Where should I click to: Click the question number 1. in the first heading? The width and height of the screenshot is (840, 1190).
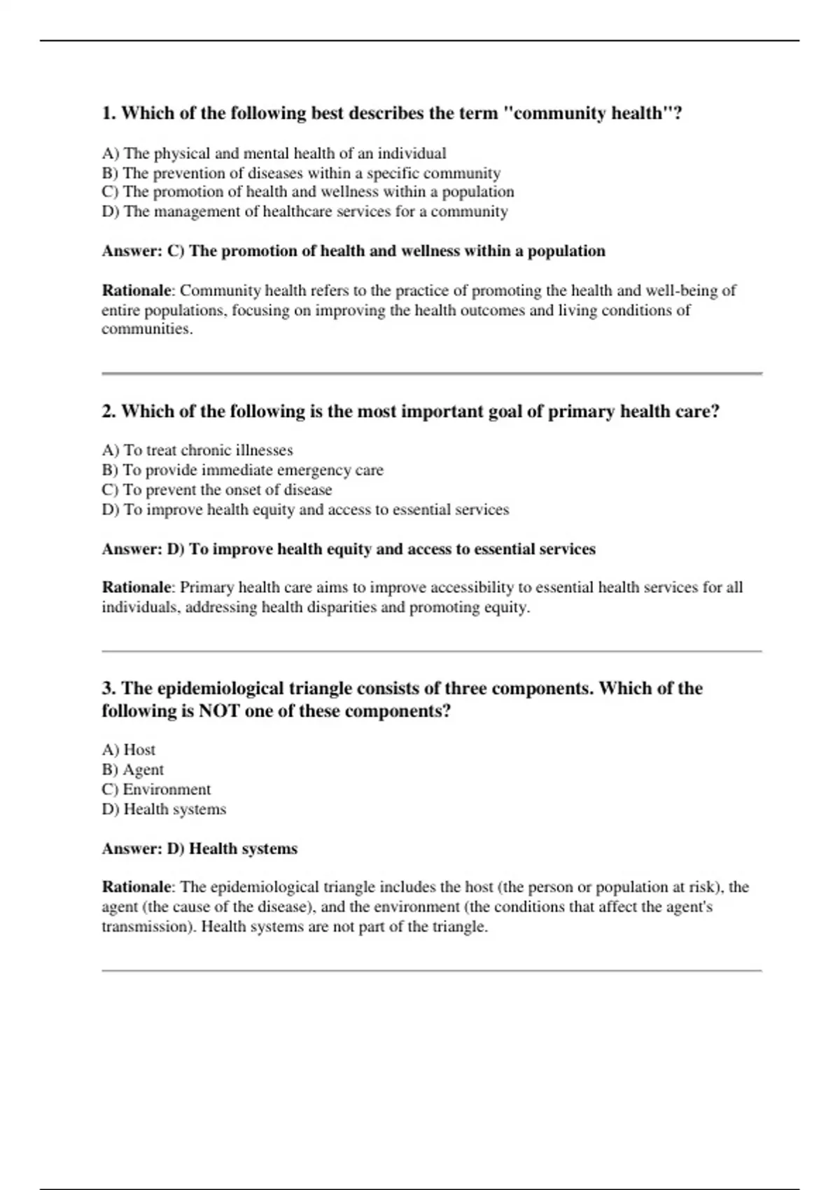point(109,113)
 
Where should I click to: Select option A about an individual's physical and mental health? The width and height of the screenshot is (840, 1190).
point(274,153)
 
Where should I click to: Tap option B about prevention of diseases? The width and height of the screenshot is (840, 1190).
point(301,173)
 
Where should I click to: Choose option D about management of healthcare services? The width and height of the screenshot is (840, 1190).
point(304,211)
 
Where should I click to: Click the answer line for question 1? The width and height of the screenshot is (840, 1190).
point(353,251)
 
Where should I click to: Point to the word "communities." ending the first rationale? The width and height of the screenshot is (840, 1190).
point(147,329)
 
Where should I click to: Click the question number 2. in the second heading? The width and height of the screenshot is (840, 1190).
point(109,412)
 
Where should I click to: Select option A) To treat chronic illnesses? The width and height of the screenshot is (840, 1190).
point(197,450)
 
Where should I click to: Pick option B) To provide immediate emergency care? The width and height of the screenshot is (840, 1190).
point(242,470)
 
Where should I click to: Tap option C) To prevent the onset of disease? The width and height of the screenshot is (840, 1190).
point(217,489)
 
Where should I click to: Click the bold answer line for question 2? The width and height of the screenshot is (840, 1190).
point(349,549)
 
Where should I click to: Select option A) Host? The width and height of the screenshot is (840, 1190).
point(129,750)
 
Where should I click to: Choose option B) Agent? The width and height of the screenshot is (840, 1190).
point(133,769)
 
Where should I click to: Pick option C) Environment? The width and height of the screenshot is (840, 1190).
point(156,789)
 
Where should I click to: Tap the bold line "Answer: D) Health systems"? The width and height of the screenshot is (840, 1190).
point(199,849)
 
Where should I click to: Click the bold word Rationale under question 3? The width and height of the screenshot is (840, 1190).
point(136,887)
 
